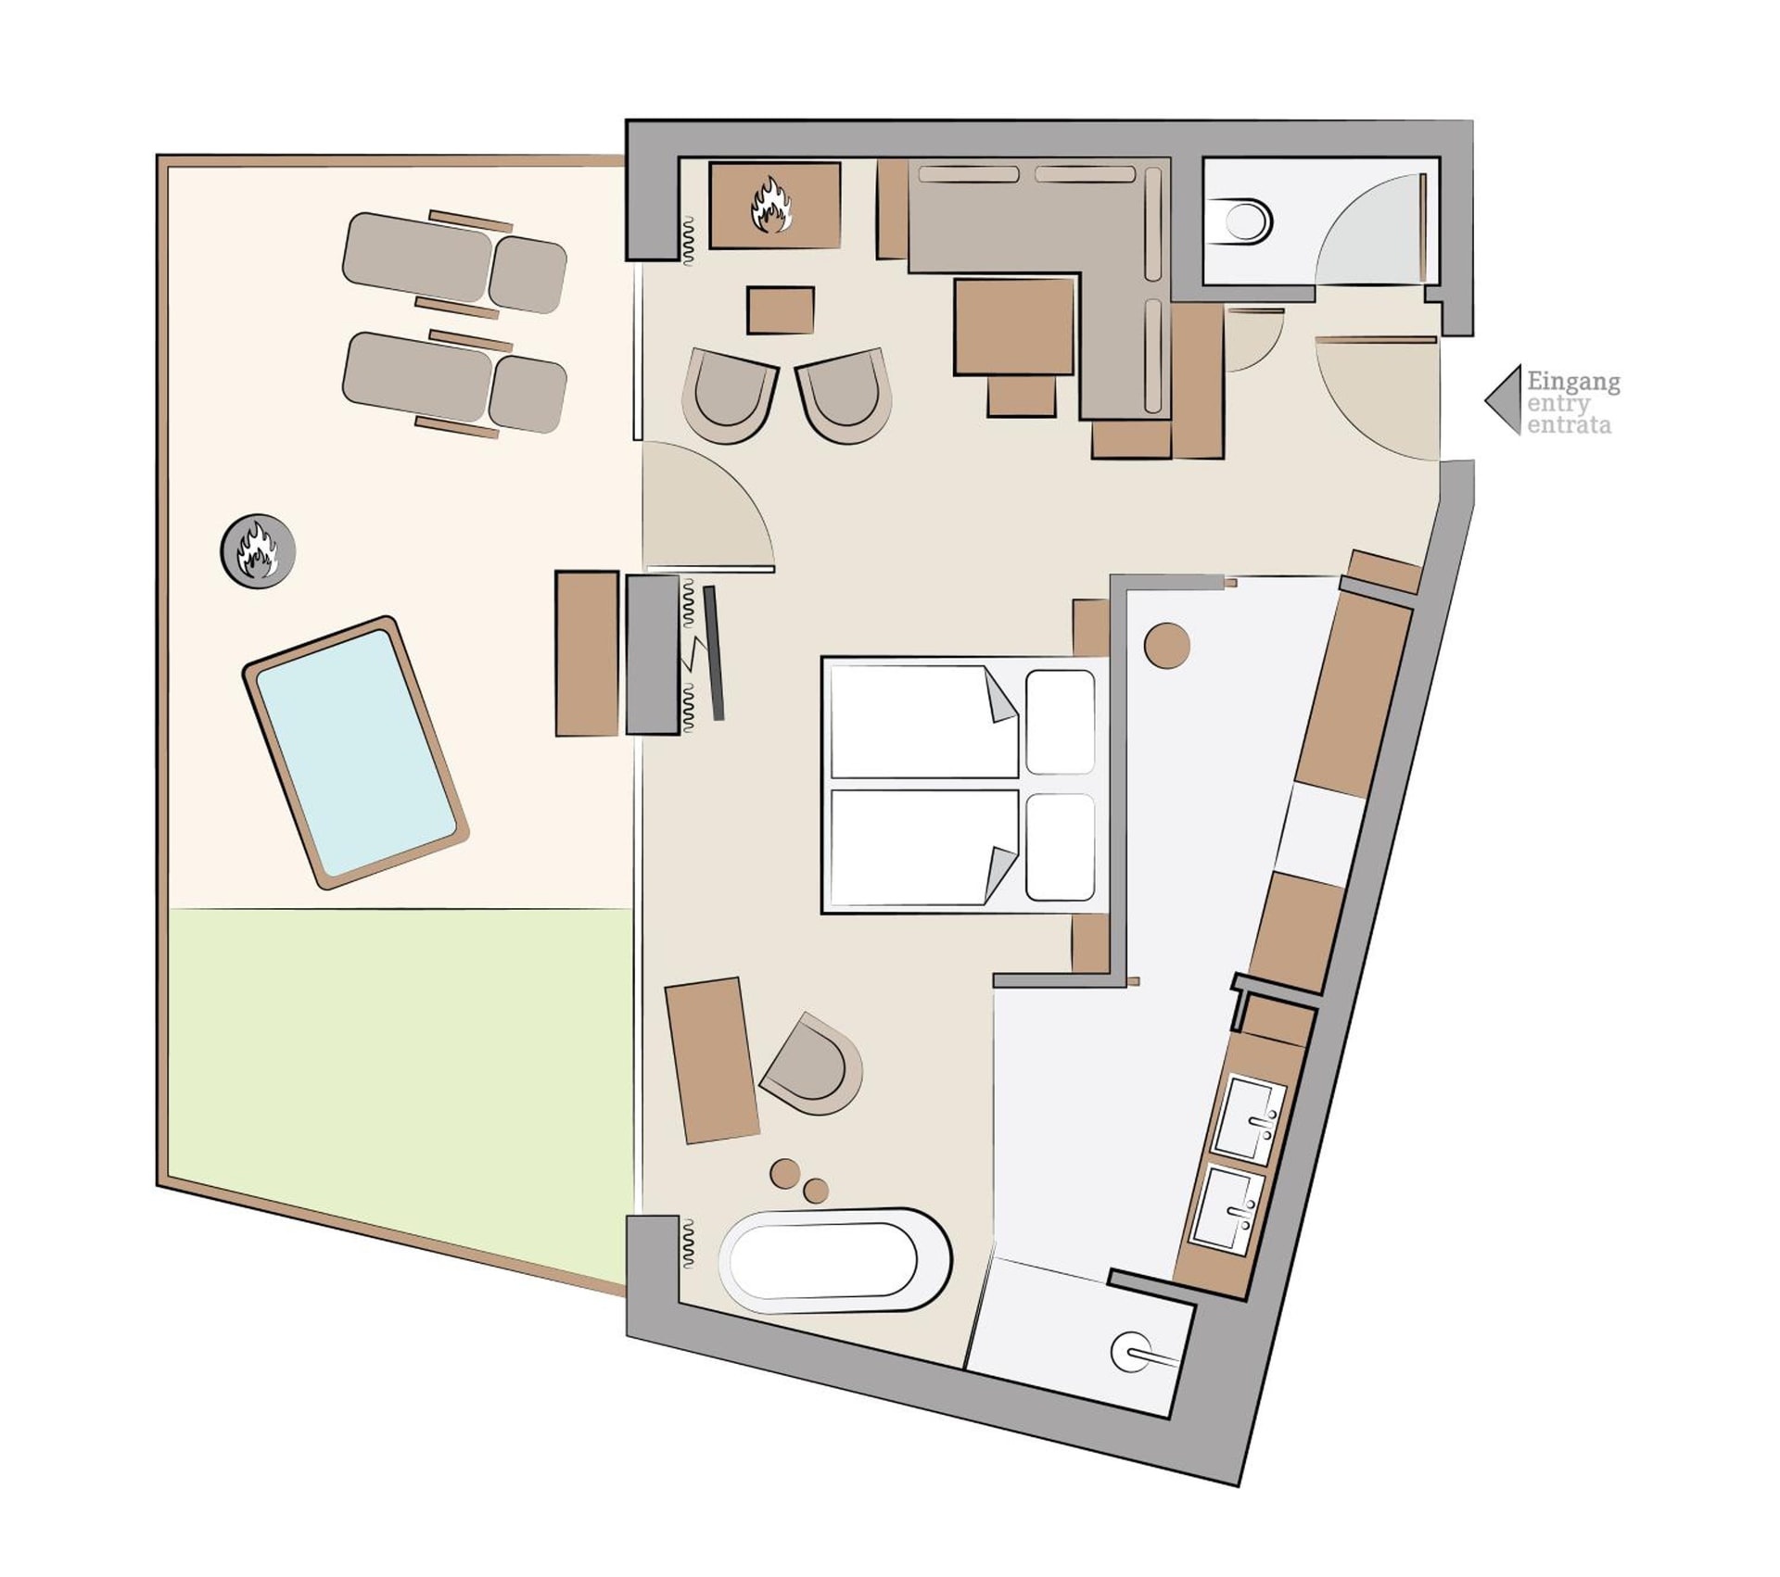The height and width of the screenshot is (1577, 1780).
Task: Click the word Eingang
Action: [1573, 383]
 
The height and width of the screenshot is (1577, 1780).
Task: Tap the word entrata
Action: [1569, 426]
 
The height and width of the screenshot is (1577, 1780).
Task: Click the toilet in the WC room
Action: [1240, 221]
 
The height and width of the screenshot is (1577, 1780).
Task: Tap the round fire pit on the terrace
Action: [258, 550]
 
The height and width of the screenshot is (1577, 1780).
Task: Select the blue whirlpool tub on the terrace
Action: [355, 753]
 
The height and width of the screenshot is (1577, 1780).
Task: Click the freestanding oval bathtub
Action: [835, 1260]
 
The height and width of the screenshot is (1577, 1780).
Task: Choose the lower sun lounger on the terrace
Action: [454, 383]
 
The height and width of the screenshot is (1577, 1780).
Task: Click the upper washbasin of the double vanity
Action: [1251, 1119]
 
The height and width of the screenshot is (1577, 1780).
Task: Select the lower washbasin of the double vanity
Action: [1227, 1209]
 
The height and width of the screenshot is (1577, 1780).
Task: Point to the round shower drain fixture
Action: [1132, 1352]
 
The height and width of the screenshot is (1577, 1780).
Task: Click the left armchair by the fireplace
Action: [730, 395]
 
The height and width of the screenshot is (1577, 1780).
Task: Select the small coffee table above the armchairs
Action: [781, 310]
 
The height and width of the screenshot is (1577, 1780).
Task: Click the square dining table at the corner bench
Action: [1014, 326]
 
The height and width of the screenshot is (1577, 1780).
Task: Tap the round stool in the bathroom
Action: [1166, 645]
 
